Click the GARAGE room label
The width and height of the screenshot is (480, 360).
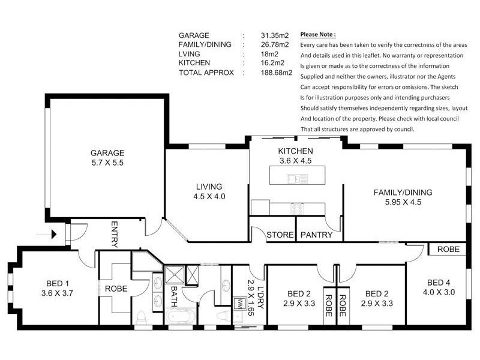107,153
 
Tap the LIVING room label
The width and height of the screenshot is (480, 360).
209,187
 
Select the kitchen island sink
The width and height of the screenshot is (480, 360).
297,178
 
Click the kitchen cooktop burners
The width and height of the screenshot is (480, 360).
297,208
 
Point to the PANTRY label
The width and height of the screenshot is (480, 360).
317,235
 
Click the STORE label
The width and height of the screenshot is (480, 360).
280,235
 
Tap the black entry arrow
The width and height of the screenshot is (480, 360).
54,235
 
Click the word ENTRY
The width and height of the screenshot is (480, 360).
114,234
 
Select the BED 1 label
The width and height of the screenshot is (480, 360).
57,283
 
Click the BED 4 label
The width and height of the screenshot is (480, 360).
439,283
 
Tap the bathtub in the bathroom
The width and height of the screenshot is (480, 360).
181,316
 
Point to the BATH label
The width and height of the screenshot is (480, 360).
173,296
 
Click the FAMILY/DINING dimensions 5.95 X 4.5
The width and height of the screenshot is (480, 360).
403,202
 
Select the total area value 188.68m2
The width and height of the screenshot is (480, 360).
277,73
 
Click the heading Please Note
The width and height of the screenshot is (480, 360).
318,34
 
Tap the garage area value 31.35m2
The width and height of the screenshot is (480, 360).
275,35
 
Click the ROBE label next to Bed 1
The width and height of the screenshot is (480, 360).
116,289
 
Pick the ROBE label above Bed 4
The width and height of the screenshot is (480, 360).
448,249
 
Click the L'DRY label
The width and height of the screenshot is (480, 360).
260,297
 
